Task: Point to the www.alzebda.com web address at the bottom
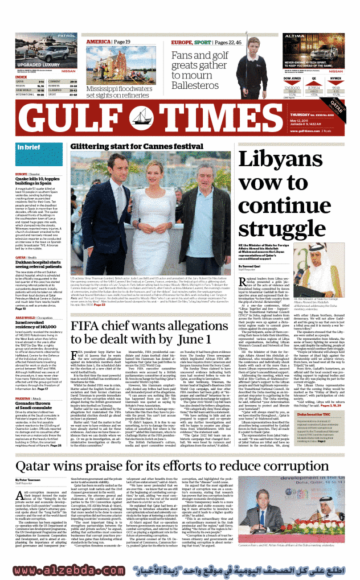[71, 570]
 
